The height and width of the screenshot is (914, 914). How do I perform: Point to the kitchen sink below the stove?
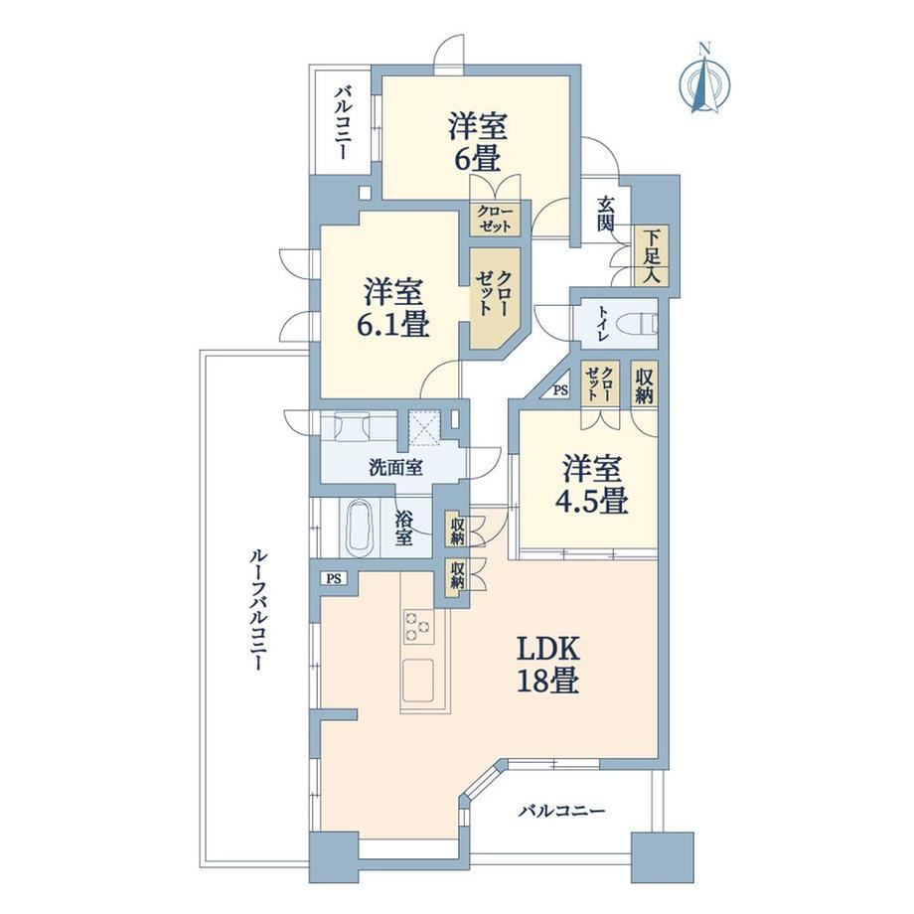(419, 680)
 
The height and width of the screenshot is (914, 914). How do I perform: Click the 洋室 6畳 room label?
(478, 142)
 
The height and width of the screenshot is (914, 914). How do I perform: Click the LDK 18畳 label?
(547, 665)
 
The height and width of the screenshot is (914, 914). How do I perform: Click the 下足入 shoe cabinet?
(651, 256)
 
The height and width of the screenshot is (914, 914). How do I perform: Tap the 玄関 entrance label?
(606, 215)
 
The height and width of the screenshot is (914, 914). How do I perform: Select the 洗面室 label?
(395, 467)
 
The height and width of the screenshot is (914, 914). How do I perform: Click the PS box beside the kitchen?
(334, 579)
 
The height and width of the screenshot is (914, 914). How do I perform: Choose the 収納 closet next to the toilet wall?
(644, 385)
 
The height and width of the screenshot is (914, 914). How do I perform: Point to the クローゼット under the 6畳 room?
(495, 219)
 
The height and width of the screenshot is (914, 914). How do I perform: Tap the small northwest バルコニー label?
(343, 122)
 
